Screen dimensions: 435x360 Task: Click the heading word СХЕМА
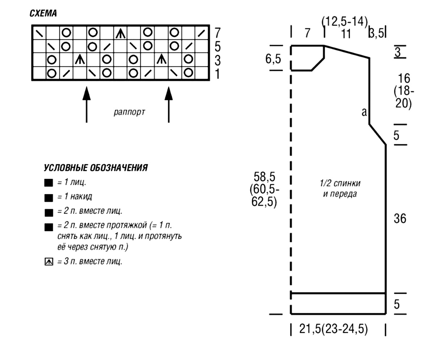(x=43, y=13)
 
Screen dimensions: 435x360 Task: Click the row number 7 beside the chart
(x=217, y=33)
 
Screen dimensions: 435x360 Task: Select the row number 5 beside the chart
(x=217, y=47)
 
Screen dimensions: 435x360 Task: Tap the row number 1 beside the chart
(x=217, y=74)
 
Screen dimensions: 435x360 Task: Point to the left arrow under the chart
(x=87, y=105)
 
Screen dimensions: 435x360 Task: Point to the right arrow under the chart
(x=169, y=105)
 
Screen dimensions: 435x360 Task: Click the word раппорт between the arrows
(x=129, y=112)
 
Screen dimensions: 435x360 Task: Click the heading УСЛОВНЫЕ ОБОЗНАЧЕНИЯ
(x=96, y=168)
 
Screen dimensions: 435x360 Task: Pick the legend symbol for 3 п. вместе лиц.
(x=49, y=261)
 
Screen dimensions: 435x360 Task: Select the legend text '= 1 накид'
(x=75, y=196)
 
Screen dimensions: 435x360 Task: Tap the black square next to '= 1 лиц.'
(x=49, y=183)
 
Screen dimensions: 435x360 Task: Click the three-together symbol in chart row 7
(x=121, y=33)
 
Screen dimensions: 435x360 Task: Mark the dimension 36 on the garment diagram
(x=400, y=219)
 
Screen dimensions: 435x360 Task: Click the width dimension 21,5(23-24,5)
(x=333, y=329)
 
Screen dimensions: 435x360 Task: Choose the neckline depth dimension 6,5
(x=273, y=59)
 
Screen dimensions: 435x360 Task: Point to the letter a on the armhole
(x=364, y=112)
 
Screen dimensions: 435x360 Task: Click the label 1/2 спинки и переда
(x=340, y=188)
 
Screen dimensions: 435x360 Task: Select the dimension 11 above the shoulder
(x=346, y=34)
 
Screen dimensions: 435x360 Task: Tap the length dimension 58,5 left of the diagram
(x=264, y=177)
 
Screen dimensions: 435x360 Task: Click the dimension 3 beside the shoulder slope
(x=398, y=52)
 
